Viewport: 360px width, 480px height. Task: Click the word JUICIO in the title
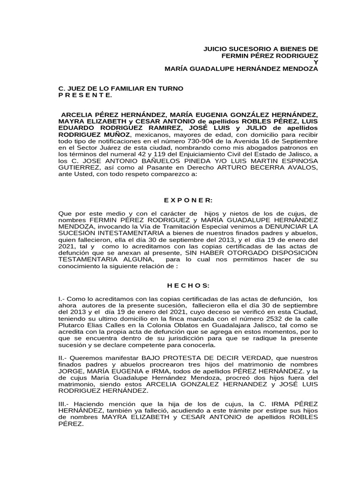click(214, 48)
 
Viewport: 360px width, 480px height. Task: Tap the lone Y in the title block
click(315, 62)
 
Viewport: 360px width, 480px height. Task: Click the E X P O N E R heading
click(188, 200)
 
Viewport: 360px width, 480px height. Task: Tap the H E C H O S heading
click(188, 285)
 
